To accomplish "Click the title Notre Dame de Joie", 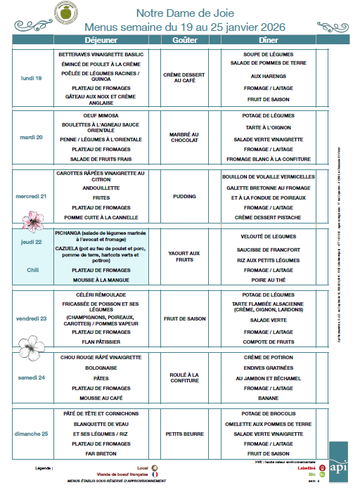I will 185,13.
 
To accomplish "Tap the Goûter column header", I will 184,40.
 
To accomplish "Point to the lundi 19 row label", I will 31,78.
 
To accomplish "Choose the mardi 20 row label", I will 31,137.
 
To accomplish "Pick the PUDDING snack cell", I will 184,198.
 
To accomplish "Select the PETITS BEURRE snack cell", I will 184,434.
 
